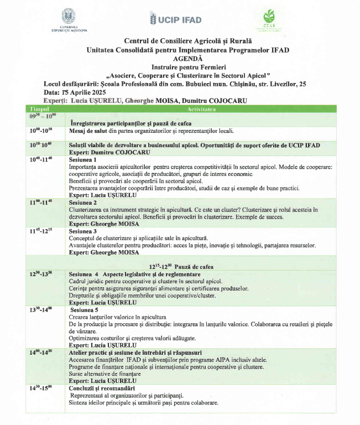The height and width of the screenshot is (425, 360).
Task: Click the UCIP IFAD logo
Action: (175, 20)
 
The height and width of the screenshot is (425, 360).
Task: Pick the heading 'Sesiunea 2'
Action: (83, 203)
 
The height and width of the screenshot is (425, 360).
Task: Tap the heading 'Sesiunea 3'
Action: (83, 231)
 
